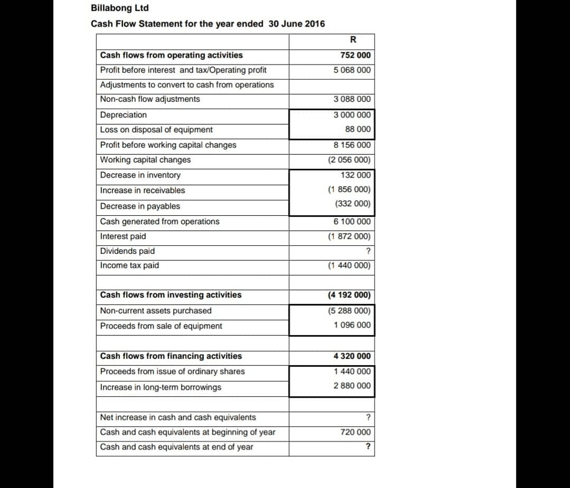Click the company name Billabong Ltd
click(120, 8)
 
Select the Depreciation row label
click(124, 115)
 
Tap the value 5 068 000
click(352, 70)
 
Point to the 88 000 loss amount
click(358, 129)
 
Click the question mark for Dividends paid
click(368, 252)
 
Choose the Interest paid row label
click(123, 236)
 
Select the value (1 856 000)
click(349, 190)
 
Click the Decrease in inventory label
click(140, 175)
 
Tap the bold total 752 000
click(355, 55)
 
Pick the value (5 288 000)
click(349, 310)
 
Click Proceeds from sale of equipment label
click(161, 326)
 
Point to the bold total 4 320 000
click(352, 356)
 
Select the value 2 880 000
click(352, 386)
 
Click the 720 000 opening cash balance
click(355, 432)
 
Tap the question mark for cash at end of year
click(368, 447)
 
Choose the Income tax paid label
click(130, 265)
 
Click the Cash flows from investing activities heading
click(171, 295)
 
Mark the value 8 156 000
click(352, 145)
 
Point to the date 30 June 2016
click(297, 24)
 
